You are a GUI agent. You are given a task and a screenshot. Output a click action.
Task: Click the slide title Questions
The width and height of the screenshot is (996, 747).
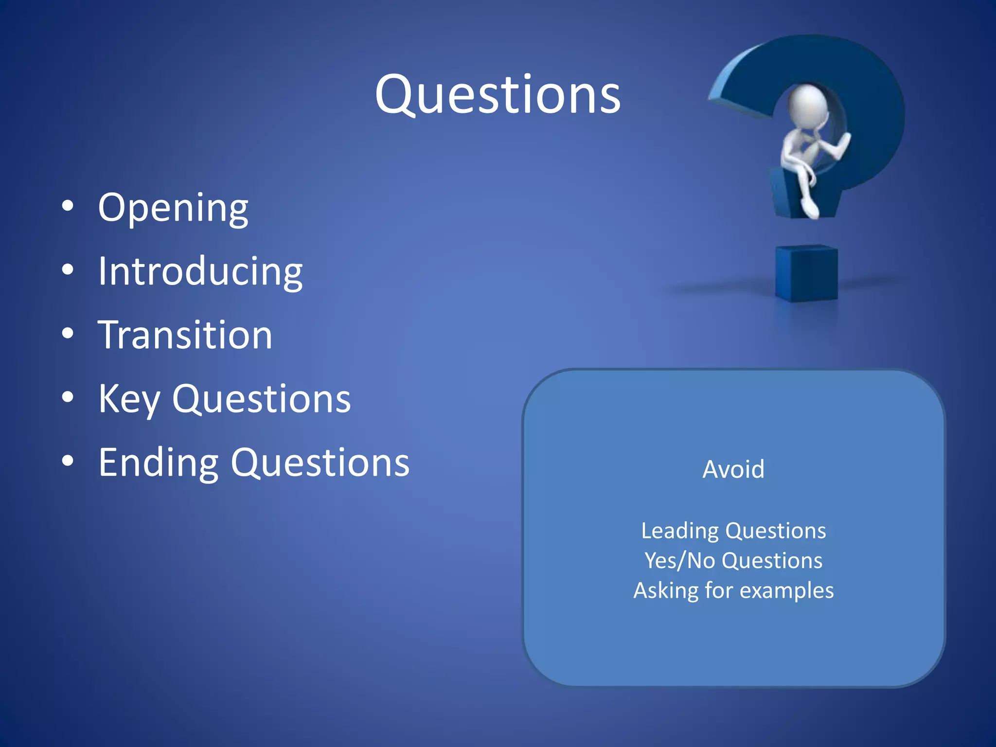pyautogui.click(x=498, y=95)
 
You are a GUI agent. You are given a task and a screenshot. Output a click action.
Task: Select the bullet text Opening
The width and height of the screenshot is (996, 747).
pyautogui.click(x=173, y=208)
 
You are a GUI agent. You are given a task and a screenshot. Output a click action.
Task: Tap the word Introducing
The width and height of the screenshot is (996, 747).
pyautogui.click(x=200, y=271)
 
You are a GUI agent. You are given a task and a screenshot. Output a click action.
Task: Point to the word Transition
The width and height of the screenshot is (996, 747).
pyautogui.click(x=185, y=335)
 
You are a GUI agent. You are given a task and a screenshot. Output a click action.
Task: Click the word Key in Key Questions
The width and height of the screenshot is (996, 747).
pyautogui.click(x=129, y=399)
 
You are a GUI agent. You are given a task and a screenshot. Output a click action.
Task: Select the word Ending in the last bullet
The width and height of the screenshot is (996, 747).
pyautogui.click(x=158, y=463)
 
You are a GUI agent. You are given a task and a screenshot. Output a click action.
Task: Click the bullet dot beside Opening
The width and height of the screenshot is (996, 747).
pyautogui.click(x=68, y=206)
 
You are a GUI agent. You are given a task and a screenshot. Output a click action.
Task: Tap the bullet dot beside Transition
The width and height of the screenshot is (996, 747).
pyautogui.click(x=68, y=334)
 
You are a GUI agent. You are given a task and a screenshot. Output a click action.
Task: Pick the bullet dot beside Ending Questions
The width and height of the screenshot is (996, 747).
pyautogui.click(x=68, y=461)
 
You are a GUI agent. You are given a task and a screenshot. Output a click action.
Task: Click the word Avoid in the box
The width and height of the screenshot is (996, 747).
pyautogui.click(x=733, y=470)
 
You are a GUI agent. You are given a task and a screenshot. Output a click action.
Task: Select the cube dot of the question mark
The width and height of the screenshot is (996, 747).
pyautogui.click(x=806, y=273)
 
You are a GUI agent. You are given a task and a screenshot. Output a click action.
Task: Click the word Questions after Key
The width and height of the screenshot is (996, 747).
pyautogui.click(x=261, y=399)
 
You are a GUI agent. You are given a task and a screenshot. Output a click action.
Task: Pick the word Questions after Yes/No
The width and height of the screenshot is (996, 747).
pyautogui.click(x=772, y=561)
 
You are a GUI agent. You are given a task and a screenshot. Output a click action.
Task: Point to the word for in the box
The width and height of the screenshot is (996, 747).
pyautogui.click(x=718, y=590)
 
